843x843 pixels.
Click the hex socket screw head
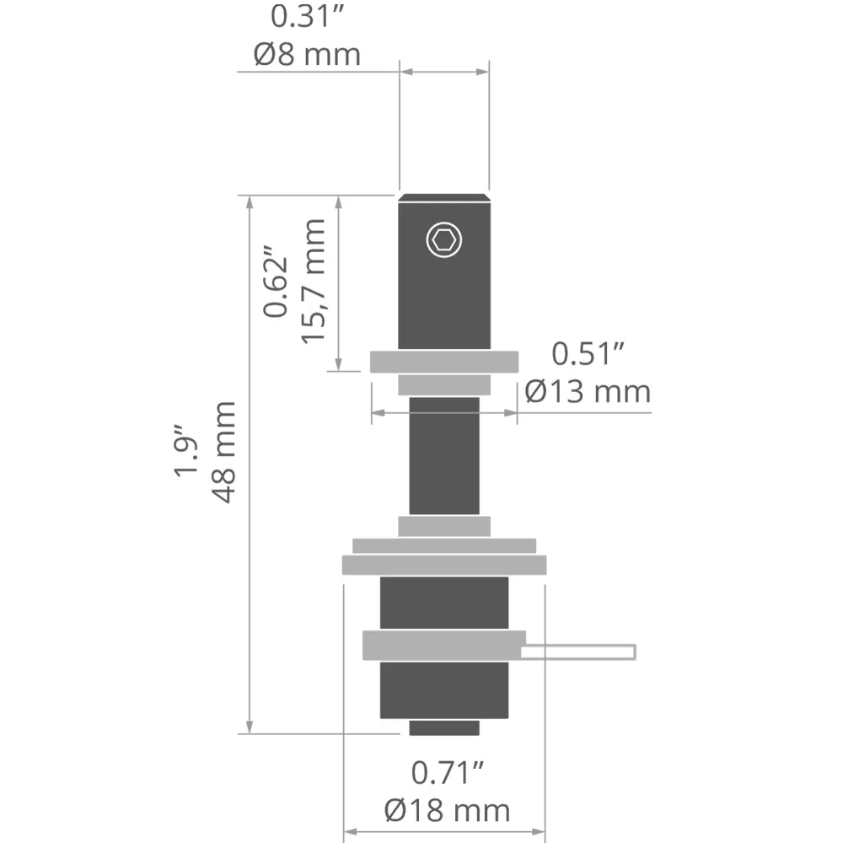click(x=444, y=239)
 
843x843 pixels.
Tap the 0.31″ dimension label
click(x=307, y=17)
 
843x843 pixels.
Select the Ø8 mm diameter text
click(x=307, y=55)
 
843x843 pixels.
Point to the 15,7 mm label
click(x=314, y=282)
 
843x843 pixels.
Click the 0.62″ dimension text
click(x=276, y=282)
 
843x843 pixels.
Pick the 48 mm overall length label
click(x=223, y=452)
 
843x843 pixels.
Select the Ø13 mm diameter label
click(x=588, y=391)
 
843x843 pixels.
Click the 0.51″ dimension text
click(x=588, y=354)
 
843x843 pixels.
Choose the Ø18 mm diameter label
click(x=448, y=811)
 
